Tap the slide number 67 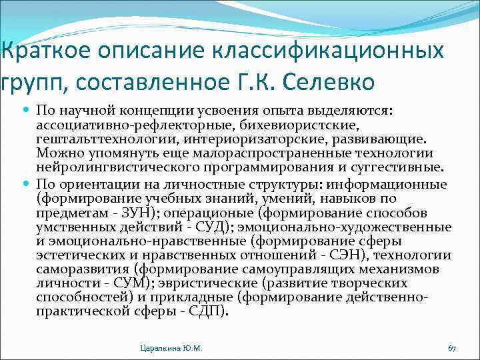click(x=451, y=348)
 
